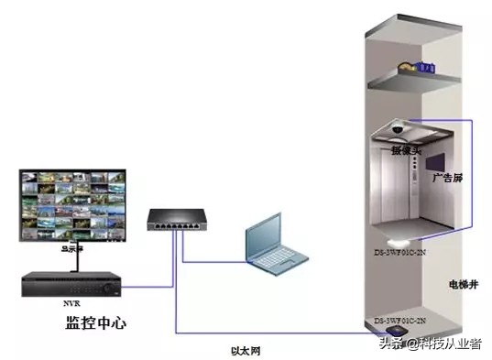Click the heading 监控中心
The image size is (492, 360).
click(x=96, y=323)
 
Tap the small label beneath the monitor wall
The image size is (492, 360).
click(x=70, y=246)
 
